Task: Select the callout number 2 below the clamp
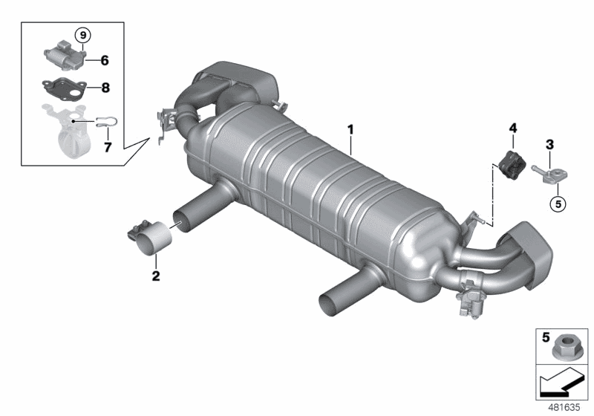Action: (x=156, y=276)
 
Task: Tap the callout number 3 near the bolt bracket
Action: (x=549, y=143)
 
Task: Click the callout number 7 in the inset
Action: (x=106, y=146)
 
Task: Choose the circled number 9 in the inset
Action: (x=82, y=35)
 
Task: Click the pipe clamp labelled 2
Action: (x=151, y=235)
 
